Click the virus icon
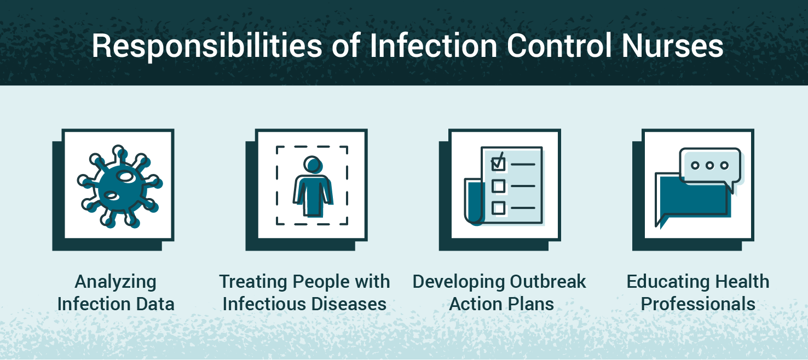[x=118, y=186]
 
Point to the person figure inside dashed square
[x=312, y=189]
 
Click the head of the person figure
[x=313, y=164]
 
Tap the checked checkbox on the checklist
[x=498, y=163]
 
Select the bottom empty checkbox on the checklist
[x=498, y=208]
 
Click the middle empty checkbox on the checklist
[x=498, y=186]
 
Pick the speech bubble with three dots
[x=709, y=167]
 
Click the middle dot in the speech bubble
[x=709, y=165]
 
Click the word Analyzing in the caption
[x=116, y=283]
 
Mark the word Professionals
[x=698, y=304]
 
